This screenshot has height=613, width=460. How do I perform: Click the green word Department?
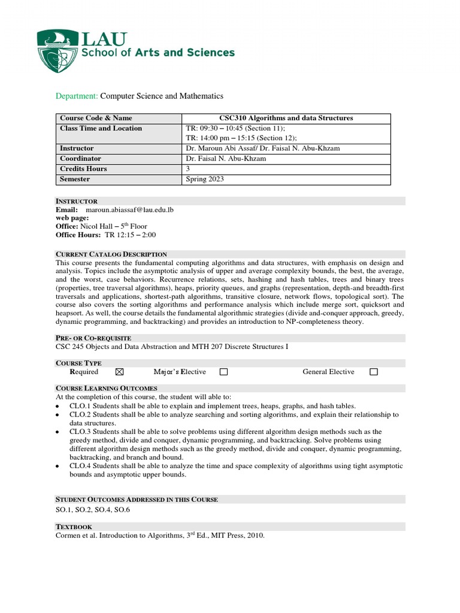[x=77, y=96]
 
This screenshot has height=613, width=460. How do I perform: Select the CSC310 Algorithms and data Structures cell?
[x=287, y=118]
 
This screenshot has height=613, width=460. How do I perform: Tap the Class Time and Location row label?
[x=101, y=128]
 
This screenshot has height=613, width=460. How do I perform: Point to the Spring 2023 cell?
[x=205, y=179]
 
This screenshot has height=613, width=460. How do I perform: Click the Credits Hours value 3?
[x=188, y=169]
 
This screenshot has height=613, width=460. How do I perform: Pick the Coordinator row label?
[x=80, y=159]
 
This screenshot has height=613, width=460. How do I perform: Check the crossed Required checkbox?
[x=119, y=372]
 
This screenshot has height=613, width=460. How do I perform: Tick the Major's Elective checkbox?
[x=223, y=372]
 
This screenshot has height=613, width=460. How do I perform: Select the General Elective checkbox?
[x=374, y=372]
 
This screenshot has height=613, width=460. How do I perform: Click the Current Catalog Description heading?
[x=111, y=254]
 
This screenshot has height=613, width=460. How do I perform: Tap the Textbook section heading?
[x=74, y=527]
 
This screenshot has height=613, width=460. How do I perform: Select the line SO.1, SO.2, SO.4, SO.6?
[x=93, y=509]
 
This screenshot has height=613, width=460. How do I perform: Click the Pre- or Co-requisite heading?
[x=93, y=338]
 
